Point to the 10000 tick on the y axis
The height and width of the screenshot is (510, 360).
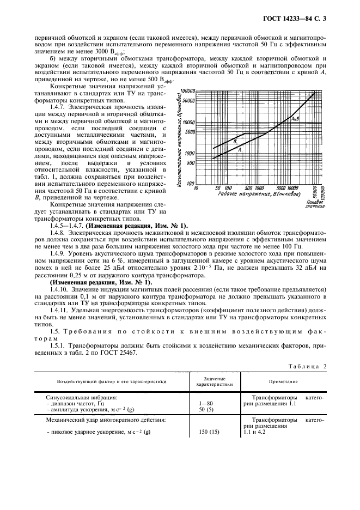pyautogui.click(x=188, y=122)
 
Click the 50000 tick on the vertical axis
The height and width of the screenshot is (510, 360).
pyautogui.click(x=188, y=100)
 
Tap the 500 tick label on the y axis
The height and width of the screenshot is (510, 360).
pyautogui.click(x=191, y=163)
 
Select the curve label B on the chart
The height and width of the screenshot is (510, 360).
pyautogui.click(x=234, y=141)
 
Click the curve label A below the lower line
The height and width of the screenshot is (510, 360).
pyautogui.click(x=240, y=149)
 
